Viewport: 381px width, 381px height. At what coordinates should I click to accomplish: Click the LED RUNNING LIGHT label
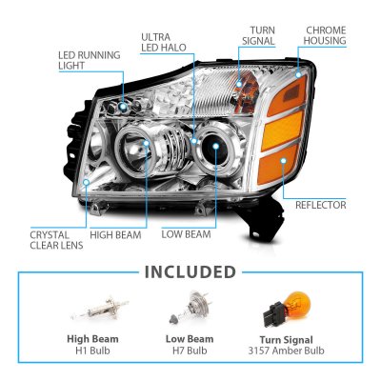[90, 60]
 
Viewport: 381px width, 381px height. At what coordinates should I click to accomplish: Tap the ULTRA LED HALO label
[164, 42]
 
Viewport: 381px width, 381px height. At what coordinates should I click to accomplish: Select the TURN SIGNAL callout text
[258, 35]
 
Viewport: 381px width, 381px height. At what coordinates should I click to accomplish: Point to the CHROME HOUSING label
[325, 35]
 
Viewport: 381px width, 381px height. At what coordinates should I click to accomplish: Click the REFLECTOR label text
[321, 205]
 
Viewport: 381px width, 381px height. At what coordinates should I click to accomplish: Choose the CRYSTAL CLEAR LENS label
[56, 240]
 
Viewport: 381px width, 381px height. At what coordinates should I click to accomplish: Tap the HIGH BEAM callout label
[115, 235]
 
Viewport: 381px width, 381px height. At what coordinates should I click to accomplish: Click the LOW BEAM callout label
[186, 234]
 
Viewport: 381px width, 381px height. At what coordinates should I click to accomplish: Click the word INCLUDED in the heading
[190, 272]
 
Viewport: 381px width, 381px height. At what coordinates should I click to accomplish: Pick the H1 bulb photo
[100, 308]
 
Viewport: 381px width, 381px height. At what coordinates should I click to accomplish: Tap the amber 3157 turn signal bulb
[287, 310]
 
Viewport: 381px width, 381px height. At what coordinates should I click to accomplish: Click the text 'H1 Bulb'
[92, 351]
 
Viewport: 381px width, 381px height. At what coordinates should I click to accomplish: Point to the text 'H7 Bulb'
[190, 351]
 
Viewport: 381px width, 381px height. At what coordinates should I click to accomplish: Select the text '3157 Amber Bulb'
[287, 351]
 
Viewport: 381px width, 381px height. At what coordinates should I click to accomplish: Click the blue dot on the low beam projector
[216, 146]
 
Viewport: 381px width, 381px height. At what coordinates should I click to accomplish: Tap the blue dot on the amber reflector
[283, 161]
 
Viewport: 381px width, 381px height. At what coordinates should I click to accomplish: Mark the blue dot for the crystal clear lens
[86, 182]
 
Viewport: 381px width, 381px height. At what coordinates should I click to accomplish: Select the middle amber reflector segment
[285, 127]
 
